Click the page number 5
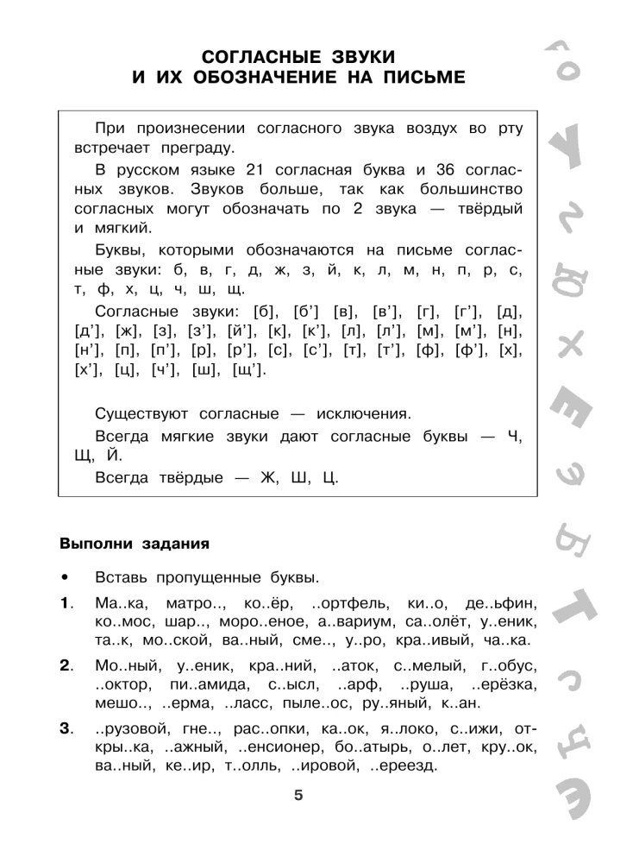click(298, 796)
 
